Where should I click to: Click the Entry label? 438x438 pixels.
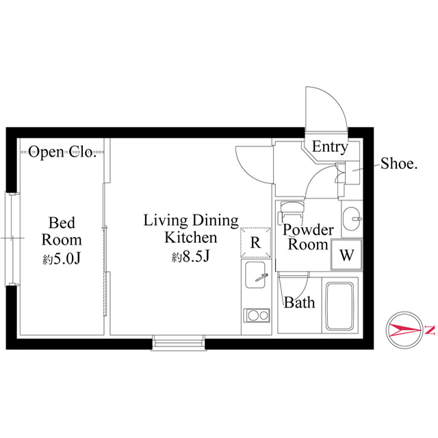click(330, 146)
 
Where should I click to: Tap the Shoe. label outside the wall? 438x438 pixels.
click(399, 164)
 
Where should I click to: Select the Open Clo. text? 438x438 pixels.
click(62, 152)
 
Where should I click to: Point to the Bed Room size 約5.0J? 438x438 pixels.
click(62, 259)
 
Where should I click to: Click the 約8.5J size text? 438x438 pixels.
click(190, 257)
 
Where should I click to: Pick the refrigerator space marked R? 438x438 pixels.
click(255, 242)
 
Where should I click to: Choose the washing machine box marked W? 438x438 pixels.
click(347, 255)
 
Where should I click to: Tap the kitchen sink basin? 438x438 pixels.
click(255, 275)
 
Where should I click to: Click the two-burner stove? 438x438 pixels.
click(257, 315)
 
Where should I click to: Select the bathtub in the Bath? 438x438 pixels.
click(339, 306)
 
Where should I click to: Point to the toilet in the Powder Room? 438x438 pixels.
click(292, 210)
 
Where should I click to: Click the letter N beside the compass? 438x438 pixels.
click(430, 330)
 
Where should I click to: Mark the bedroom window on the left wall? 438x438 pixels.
click(12, 239)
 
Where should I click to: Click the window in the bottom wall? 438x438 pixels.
click(179, 343)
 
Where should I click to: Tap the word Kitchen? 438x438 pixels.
click(190, 237)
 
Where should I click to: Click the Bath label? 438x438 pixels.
click(300, 302)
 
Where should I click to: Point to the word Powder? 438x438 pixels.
click(308, 230)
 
